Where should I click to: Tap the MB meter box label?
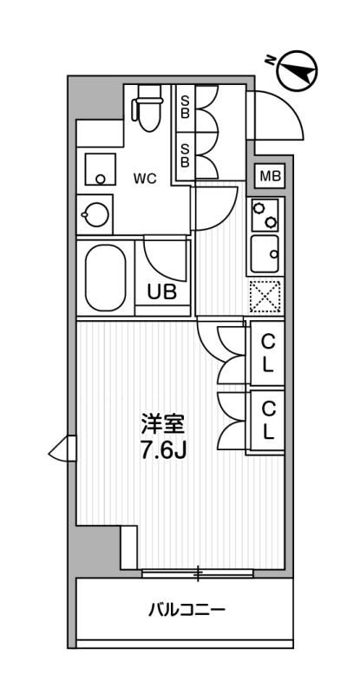coord(270,176)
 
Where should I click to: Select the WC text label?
coord(144,179)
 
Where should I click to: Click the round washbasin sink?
coord(94,211)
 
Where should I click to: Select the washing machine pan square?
coord(98,168)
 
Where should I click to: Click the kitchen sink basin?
coord(264,253)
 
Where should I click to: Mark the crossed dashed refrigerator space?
coord(264,297)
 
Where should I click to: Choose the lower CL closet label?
coord(269,419)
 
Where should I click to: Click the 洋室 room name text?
coord(164,425)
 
